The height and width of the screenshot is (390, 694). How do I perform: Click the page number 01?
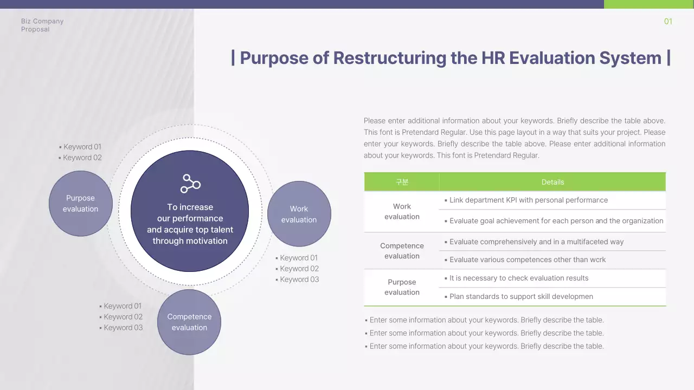point(668,22)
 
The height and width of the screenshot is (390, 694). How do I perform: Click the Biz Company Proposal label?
point(42,25)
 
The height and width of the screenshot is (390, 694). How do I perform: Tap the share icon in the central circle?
point(190,184)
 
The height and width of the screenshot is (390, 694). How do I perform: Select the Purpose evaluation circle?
point(81,204)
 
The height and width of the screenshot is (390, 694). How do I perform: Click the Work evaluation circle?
point(299,214)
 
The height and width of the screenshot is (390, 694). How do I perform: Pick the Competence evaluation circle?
point(189,322)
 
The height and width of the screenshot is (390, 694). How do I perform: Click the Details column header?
point(552,182)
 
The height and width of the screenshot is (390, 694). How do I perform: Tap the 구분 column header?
point(402,182)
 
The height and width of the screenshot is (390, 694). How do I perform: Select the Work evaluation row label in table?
point(402,212)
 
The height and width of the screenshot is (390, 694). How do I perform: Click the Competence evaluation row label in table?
point(402,251)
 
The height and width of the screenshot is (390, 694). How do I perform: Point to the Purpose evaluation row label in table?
point(402,287)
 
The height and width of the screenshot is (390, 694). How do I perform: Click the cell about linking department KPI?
point(528,200)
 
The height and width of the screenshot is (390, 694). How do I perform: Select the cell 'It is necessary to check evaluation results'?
point(518,278)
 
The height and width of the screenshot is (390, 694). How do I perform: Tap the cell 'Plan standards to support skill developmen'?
point(520,297)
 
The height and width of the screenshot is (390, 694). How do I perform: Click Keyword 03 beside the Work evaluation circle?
point(299,279)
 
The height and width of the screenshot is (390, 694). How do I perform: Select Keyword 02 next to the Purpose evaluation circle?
point(82,158)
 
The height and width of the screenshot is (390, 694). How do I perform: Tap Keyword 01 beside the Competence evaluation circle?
point(122,306)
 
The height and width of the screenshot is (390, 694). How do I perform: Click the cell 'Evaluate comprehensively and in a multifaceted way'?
point(536,242)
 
